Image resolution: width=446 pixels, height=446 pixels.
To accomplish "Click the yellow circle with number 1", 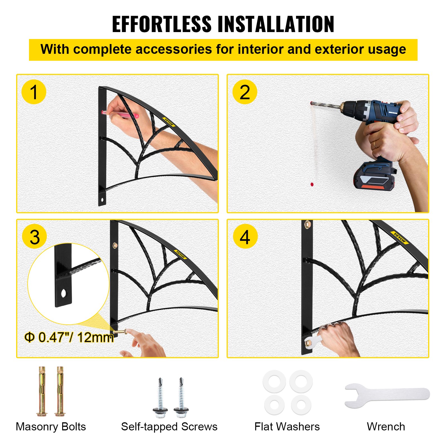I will (x=34, y=92).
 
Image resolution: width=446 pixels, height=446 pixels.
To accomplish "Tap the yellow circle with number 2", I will (x=245, y=92).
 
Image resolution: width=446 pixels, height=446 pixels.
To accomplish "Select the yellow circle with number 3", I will (x=35, y=237).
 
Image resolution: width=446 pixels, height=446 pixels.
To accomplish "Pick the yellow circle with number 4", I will (x=245, y=237).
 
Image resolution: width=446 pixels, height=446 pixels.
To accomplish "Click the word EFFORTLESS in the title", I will (x=162, y=24).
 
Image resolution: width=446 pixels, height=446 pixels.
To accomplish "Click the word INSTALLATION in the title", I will (x=276, y=24).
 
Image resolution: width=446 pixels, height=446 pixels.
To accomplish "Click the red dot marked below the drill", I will (x=312, y=184).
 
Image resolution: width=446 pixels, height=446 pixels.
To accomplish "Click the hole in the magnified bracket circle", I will (x=64, y=293).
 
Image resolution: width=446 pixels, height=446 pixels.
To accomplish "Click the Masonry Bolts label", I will (x=51, y=426).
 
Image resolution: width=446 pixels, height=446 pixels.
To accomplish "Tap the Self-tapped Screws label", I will (x=169, y=426).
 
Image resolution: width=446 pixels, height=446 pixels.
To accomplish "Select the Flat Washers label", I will (x=287, y=426).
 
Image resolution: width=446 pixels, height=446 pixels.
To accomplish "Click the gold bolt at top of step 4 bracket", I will (x=307, y=224).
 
